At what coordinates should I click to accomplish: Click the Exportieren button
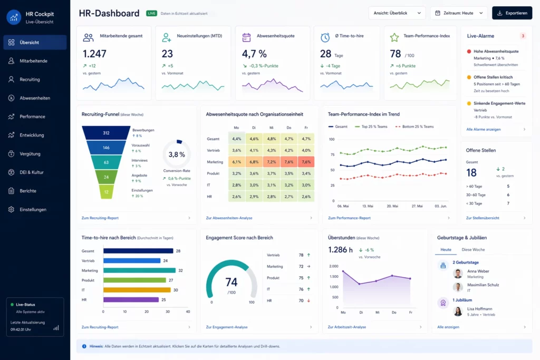512,13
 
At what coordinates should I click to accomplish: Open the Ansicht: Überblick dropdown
397,13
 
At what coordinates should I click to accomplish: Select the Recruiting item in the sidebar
30,80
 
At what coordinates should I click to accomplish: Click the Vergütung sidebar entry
30,154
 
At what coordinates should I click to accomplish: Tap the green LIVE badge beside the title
151,13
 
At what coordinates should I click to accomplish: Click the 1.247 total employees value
95,54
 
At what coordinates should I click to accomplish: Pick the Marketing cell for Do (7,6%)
288,162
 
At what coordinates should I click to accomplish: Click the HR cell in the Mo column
237,197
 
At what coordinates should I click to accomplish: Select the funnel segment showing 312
106,133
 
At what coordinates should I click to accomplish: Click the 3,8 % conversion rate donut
177,154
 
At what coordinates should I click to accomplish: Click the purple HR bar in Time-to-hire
131,299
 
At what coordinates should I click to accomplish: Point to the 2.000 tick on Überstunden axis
333,266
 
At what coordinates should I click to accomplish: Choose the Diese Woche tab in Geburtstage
473,249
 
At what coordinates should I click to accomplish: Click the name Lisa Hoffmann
479,309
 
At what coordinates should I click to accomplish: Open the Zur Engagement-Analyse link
227,327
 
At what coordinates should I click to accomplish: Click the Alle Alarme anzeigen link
484,129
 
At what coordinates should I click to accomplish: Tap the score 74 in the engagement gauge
231,282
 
